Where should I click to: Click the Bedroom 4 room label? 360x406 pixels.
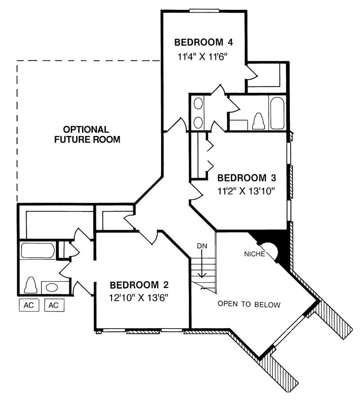203,42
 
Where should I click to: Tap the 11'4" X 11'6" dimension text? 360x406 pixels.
203,56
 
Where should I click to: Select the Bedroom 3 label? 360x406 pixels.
247,178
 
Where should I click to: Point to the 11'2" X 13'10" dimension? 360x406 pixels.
246,191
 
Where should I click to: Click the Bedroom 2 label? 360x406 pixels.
139,285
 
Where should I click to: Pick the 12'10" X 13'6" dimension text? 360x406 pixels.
139,298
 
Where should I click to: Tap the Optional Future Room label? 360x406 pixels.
87,135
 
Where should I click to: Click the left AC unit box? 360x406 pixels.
29,305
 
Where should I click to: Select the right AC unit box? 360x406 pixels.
54,305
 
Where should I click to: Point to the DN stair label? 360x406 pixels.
202,246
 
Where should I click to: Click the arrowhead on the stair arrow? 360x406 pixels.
202,275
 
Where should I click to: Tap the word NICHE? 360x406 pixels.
255,254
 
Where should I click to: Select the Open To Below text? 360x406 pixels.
249,304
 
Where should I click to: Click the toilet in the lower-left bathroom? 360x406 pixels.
31,285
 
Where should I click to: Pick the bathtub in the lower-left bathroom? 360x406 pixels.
38,250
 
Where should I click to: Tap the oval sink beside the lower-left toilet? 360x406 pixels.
52,288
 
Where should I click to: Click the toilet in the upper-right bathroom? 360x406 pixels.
258,121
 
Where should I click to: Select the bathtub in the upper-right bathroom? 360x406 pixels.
277,113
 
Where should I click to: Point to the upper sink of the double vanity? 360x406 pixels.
198,104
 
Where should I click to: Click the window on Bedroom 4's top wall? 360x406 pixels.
203,11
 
